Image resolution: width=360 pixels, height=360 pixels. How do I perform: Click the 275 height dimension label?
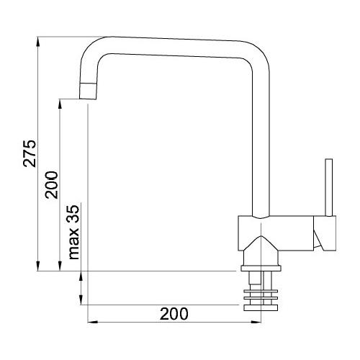click(x=30, y=153)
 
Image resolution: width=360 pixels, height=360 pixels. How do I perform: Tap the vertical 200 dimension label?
click(x=52, y=185)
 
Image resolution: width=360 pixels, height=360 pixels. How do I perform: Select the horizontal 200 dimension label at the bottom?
click(x=174, y=314)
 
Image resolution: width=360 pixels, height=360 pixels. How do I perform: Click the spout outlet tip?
click(x=88, y=99)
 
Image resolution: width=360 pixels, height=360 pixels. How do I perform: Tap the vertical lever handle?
click(x=328, y=187)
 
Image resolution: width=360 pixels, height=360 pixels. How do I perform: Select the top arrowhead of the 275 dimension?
click(x=38, y=42)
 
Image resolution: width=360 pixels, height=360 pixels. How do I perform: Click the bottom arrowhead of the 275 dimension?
click(x=38, y=266)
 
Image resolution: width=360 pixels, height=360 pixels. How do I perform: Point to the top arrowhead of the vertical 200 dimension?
click(x=60, y=104)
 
